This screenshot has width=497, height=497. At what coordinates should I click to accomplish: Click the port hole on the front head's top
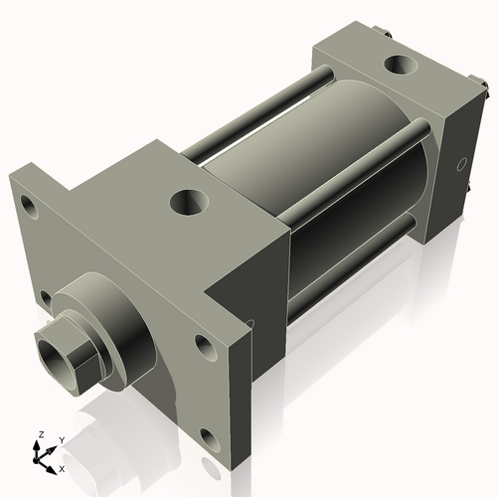coord(188,203)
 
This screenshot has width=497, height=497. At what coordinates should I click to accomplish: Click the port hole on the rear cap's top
coord(403,66)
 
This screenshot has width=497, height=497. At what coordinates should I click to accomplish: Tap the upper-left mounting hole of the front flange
coord(29,209)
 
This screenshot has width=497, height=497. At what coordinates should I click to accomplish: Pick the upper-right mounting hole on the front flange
coord(205,347)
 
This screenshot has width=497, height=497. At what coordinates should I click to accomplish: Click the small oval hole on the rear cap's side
coord(460,162)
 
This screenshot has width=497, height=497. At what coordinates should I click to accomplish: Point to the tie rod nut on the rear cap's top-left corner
coord(385,38)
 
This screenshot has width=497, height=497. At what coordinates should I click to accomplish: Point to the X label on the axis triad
coord(62,467)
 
